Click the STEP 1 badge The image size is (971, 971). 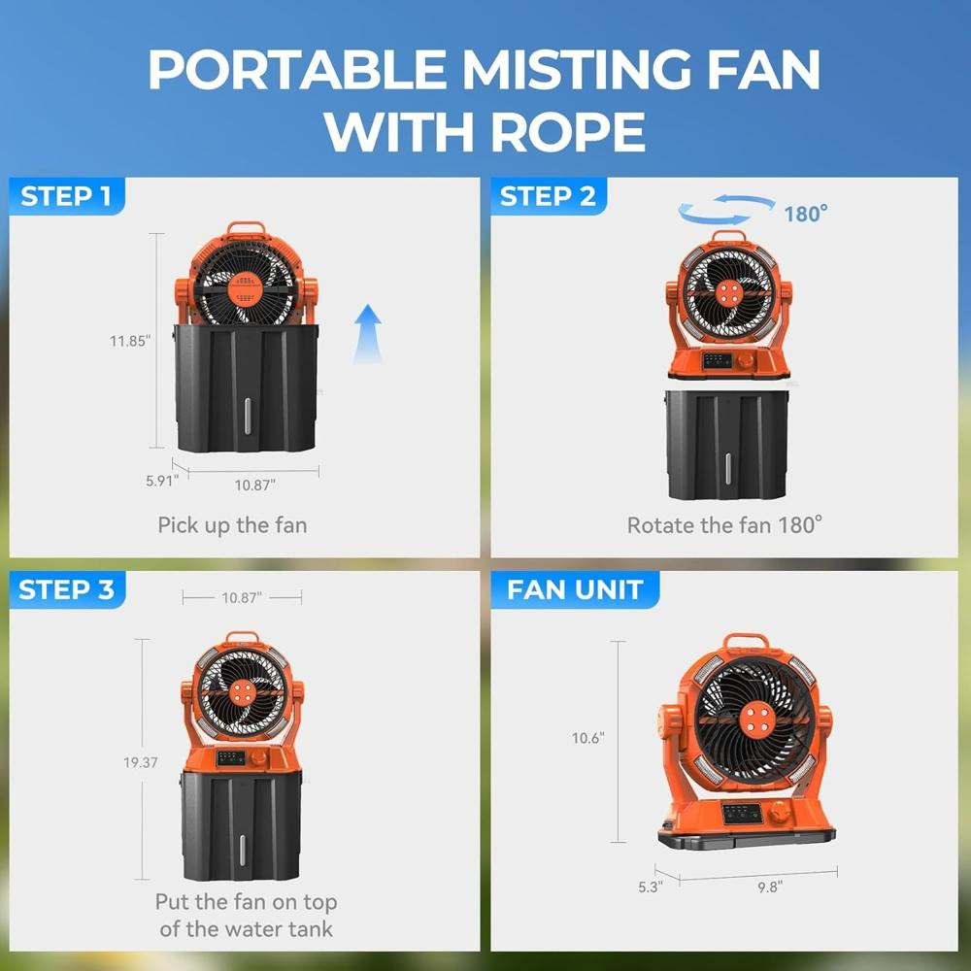tap(66, 196)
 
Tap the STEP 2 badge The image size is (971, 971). tap(548, 196)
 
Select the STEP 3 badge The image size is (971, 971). tap(67, 589)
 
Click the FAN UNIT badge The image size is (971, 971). tap(575, 589)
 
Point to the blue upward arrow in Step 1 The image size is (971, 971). tap(368, 333)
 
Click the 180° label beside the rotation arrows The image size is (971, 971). tap(806, 214)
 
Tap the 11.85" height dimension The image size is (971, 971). tap(130, 341)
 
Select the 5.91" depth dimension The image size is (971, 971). tap(162, 481)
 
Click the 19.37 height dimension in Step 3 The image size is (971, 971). tap(141, 762)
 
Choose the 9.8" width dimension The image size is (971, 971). tap(770, 887)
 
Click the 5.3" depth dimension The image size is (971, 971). tap(651, 887)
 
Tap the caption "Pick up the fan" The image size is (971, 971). tap(232, 525)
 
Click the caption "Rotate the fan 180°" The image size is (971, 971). tap(724, 525)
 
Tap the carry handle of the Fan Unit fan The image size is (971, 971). tap(746, 642)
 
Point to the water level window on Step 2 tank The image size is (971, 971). tap(727, 466)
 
